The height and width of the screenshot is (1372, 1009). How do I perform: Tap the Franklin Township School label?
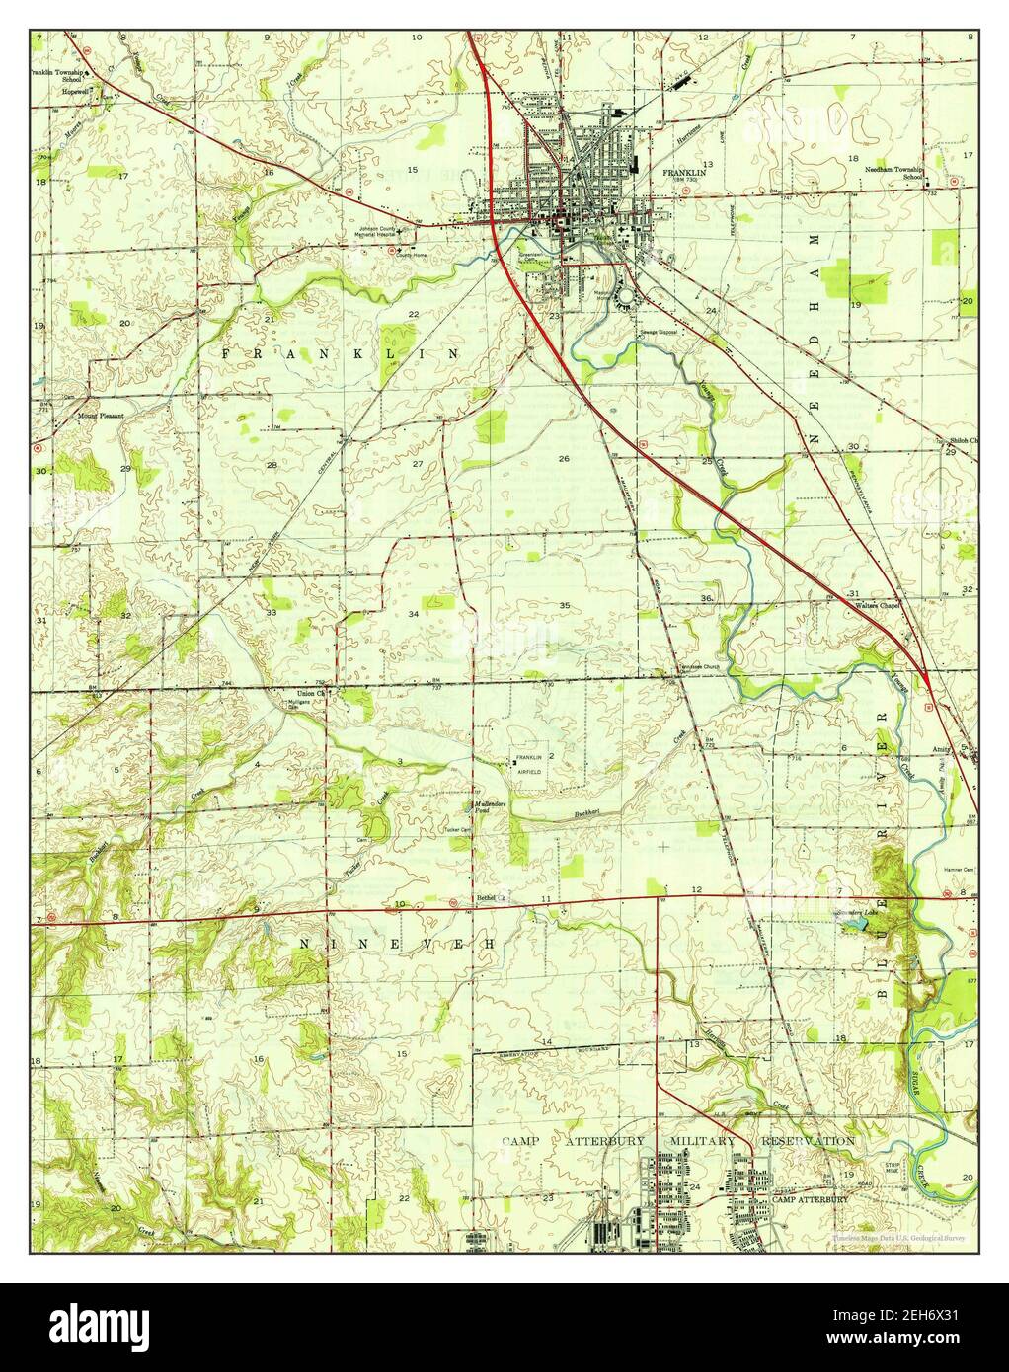[x=58, y=72]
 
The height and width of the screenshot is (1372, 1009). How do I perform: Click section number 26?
[x=564, y=458]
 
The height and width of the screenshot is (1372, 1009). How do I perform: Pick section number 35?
[x=564, y=605]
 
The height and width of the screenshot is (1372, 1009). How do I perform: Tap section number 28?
[x=270, y=464]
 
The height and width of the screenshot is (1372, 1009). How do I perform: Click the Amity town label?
[x=946, y=750]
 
